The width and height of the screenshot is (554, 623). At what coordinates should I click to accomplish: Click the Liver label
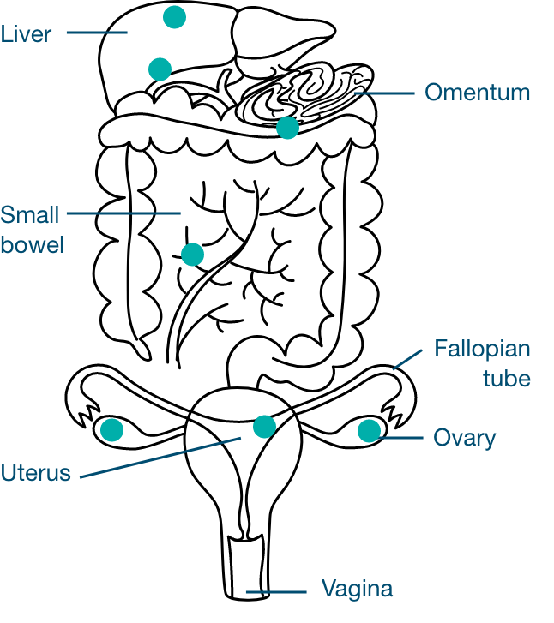[x=27, y=34]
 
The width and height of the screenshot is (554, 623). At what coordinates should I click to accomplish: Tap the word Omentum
[x=477, y=93]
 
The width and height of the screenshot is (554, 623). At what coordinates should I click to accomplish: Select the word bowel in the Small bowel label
[x=33, y=244]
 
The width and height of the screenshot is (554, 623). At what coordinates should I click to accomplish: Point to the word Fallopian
[x=482, y=350]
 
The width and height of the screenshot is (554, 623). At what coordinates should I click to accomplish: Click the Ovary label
[x=464, y=438]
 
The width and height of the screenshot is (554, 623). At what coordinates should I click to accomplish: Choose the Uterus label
[x=36, y=472]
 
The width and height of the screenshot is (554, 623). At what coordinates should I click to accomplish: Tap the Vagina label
[x=357, y=590]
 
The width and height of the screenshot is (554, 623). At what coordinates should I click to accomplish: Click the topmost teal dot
[x=174, y=16]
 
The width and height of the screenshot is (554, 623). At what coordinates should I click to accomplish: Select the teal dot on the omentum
[x=288, y=128]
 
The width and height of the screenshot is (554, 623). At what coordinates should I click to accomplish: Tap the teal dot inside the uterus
[x=264, y=426]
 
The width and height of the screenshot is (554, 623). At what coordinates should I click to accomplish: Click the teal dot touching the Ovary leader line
[x=369, y=430]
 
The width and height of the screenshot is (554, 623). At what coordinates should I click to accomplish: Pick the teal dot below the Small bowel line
[x=192, y=255]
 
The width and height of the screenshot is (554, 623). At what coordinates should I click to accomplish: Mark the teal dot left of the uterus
[x=111, y=429]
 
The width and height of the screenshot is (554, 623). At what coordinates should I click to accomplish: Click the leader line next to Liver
[x=96, y=33]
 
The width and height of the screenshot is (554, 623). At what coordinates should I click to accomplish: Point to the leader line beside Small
[x=123, y=213]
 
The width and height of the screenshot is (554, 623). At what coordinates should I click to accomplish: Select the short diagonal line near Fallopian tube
[x=407, y=359]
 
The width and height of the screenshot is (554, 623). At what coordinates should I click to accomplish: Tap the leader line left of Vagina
[x=276, y=591]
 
